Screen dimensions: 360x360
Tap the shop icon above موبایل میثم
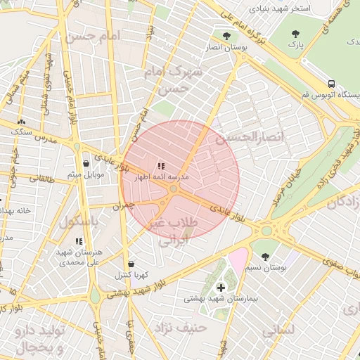click(86, 163)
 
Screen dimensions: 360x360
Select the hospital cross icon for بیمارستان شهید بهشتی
click(221, 287)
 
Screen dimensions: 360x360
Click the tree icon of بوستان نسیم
click(264, 257)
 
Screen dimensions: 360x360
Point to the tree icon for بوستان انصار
click(226, 36)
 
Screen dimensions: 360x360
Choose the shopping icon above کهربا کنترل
click(131, 263)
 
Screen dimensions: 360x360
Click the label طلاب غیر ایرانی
click(172, 231)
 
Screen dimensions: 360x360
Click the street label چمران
click(122, 206)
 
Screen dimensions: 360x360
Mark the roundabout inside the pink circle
click(173, 188)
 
